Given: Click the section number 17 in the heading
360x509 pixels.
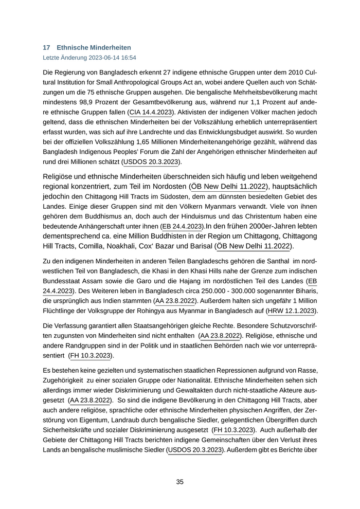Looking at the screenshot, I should pyautogui.click(x=46, y=47).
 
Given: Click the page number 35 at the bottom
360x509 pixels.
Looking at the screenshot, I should pyautogui.click(x=180, y=482).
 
